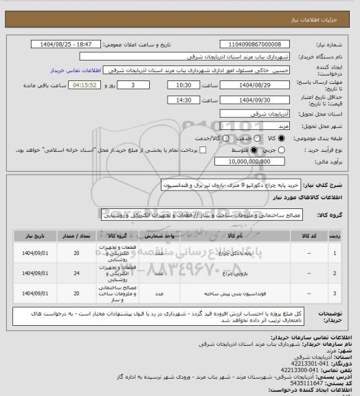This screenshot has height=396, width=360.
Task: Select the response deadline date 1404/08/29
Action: point(254,85)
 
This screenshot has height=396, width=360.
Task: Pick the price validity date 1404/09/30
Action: point(254,99)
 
